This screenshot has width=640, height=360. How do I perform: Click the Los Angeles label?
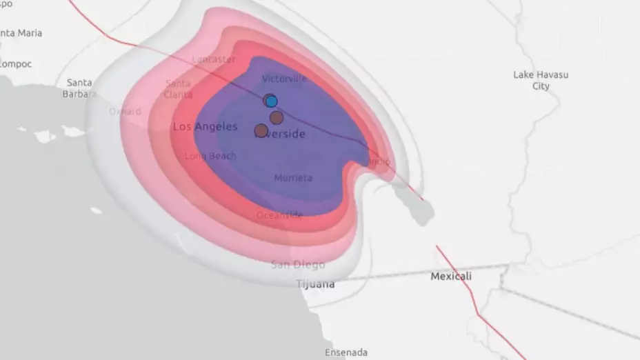coord(205,127)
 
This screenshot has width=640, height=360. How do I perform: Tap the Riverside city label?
coord(281,134)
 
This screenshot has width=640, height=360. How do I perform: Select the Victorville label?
coord(284,79)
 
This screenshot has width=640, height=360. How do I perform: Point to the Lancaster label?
coord(214,59)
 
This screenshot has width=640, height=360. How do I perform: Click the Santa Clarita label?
coord(179,89)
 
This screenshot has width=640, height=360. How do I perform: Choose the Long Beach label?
coord(210,157)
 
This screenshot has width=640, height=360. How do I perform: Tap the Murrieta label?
coord(293,178)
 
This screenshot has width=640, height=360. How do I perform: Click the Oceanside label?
coord(279,215)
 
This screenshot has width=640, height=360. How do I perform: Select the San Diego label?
coord(298,265)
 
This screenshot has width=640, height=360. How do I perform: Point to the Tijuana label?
coord(315,284)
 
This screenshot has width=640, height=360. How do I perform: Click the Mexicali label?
coord(451,277)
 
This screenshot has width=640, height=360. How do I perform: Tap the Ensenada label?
coord(346,352)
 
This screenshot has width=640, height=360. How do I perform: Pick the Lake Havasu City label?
coord(541,80)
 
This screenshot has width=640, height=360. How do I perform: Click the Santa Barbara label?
coord(80,88)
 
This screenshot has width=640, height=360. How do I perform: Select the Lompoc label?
coord(15,63)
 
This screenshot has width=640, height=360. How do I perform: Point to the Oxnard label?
coord(125,111)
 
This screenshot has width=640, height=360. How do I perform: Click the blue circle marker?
coord(271,101)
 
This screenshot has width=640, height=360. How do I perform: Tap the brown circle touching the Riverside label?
coord(261,130)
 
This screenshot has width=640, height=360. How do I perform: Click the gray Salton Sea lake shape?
coord(414,202)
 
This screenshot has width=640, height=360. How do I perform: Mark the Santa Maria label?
coord(21,33)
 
